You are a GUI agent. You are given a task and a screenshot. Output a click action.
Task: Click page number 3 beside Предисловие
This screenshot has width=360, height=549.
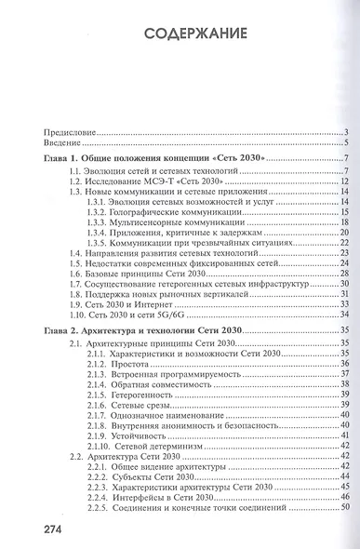[x=345, y=133]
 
